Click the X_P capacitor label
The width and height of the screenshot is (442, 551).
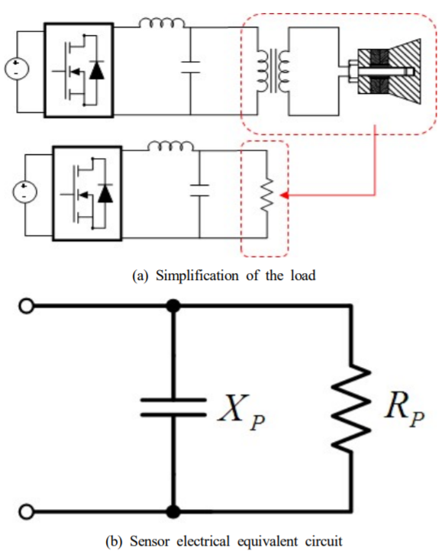[242, 412]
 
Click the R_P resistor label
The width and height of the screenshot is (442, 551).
[405, 409]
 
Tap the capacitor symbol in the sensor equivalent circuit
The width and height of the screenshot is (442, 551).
[173, 408]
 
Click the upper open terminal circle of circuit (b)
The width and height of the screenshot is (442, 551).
[27, 306]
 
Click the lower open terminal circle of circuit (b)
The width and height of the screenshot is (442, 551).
[27, 511]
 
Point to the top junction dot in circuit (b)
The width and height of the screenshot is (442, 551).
[173, 306]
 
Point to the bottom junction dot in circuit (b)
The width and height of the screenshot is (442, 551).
[173, 511]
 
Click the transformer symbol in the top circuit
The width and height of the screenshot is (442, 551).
[273, 70]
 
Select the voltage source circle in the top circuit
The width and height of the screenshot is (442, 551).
[17, 68]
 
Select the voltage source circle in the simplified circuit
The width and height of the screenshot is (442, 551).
[24, 192]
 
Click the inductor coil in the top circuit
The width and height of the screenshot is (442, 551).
[162, 23]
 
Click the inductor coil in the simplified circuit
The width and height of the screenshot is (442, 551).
[170, 146]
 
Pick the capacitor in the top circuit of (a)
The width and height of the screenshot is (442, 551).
[191, 67]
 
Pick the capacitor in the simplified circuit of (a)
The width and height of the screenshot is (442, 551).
[199, 190]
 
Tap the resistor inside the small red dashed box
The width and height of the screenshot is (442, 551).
[267, 195]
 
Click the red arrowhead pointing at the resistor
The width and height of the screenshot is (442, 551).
[285, 195]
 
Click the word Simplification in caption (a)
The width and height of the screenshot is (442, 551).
[197, 275]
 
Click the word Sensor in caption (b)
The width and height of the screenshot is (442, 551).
[150, 541]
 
